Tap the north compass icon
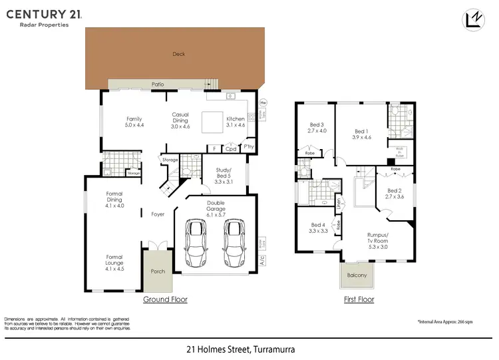pos(473,21)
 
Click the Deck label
pos(178,55)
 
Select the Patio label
pos(158,85)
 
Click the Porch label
pos(158,271)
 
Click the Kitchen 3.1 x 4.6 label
pos(236,122)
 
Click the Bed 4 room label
pos(318,228)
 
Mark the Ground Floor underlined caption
pos(166,299)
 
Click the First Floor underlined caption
pos(359,299)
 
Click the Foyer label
pos(158,214)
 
